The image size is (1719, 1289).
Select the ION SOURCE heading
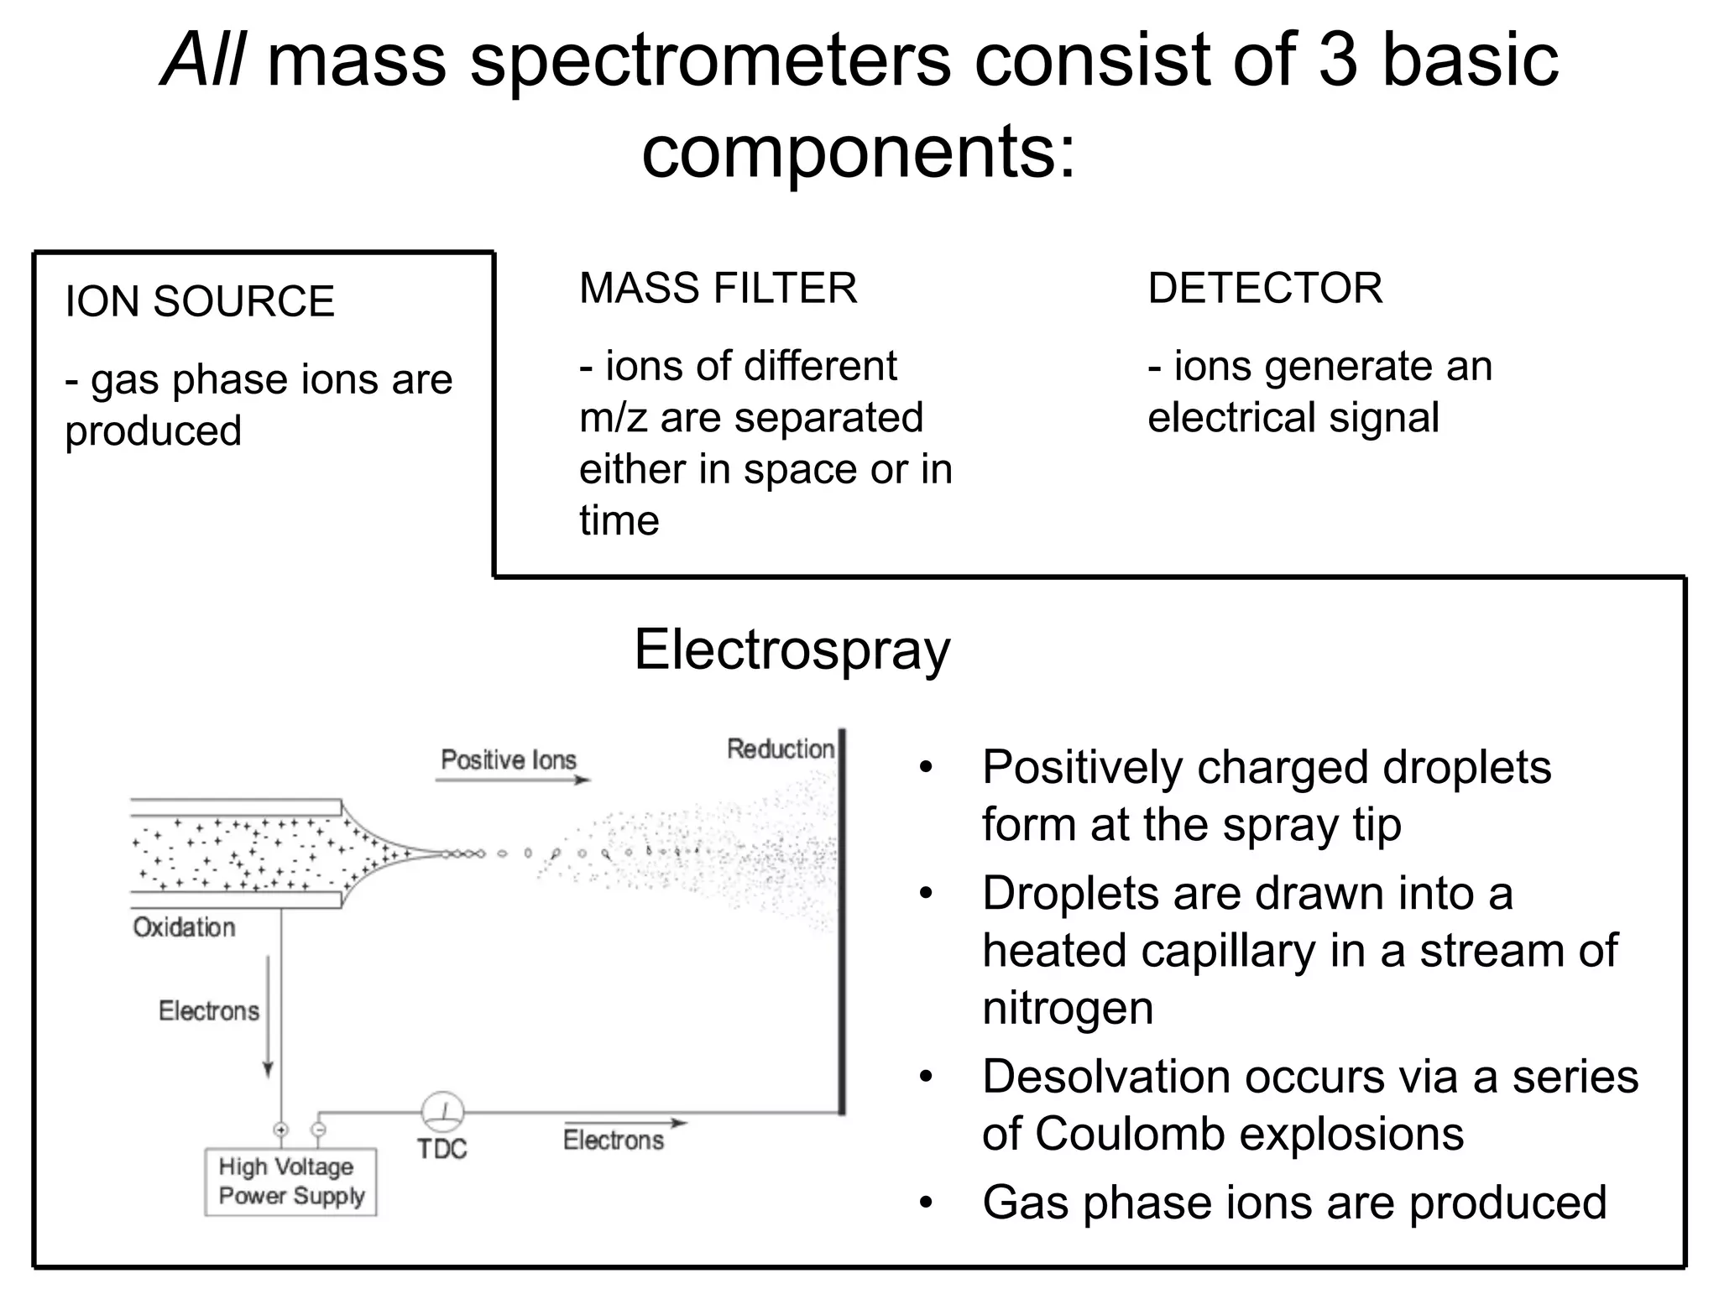click(200, 301)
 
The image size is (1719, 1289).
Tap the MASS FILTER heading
click(718, 288)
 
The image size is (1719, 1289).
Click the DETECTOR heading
click(1264, 288)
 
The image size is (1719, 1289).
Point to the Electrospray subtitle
click(792, 650)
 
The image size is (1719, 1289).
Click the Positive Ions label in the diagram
click(509, 759)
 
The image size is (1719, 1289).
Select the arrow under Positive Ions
click(512, 780)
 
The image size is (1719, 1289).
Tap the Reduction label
click(780, 749)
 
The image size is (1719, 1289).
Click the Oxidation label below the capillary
click(184, 927)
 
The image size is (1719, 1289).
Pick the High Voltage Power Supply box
click(290, 1182)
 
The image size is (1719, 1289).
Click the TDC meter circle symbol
click(442, 1112)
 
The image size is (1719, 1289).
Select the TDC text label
click(442, 1148)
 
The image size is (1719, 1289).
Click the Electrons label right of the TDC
click(613, 1140)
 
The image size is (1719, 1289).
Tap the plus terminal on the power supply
click(280, 1130)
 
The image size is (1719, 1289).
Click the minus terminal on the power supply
click(318, 1130)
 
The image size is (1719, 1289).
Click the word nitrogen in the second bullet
click(1067, 1008)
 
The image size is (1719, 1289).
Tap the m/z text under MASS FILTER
click(613, 418)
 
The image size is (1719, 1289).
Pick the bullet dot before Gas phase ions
click(926, 1203)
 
